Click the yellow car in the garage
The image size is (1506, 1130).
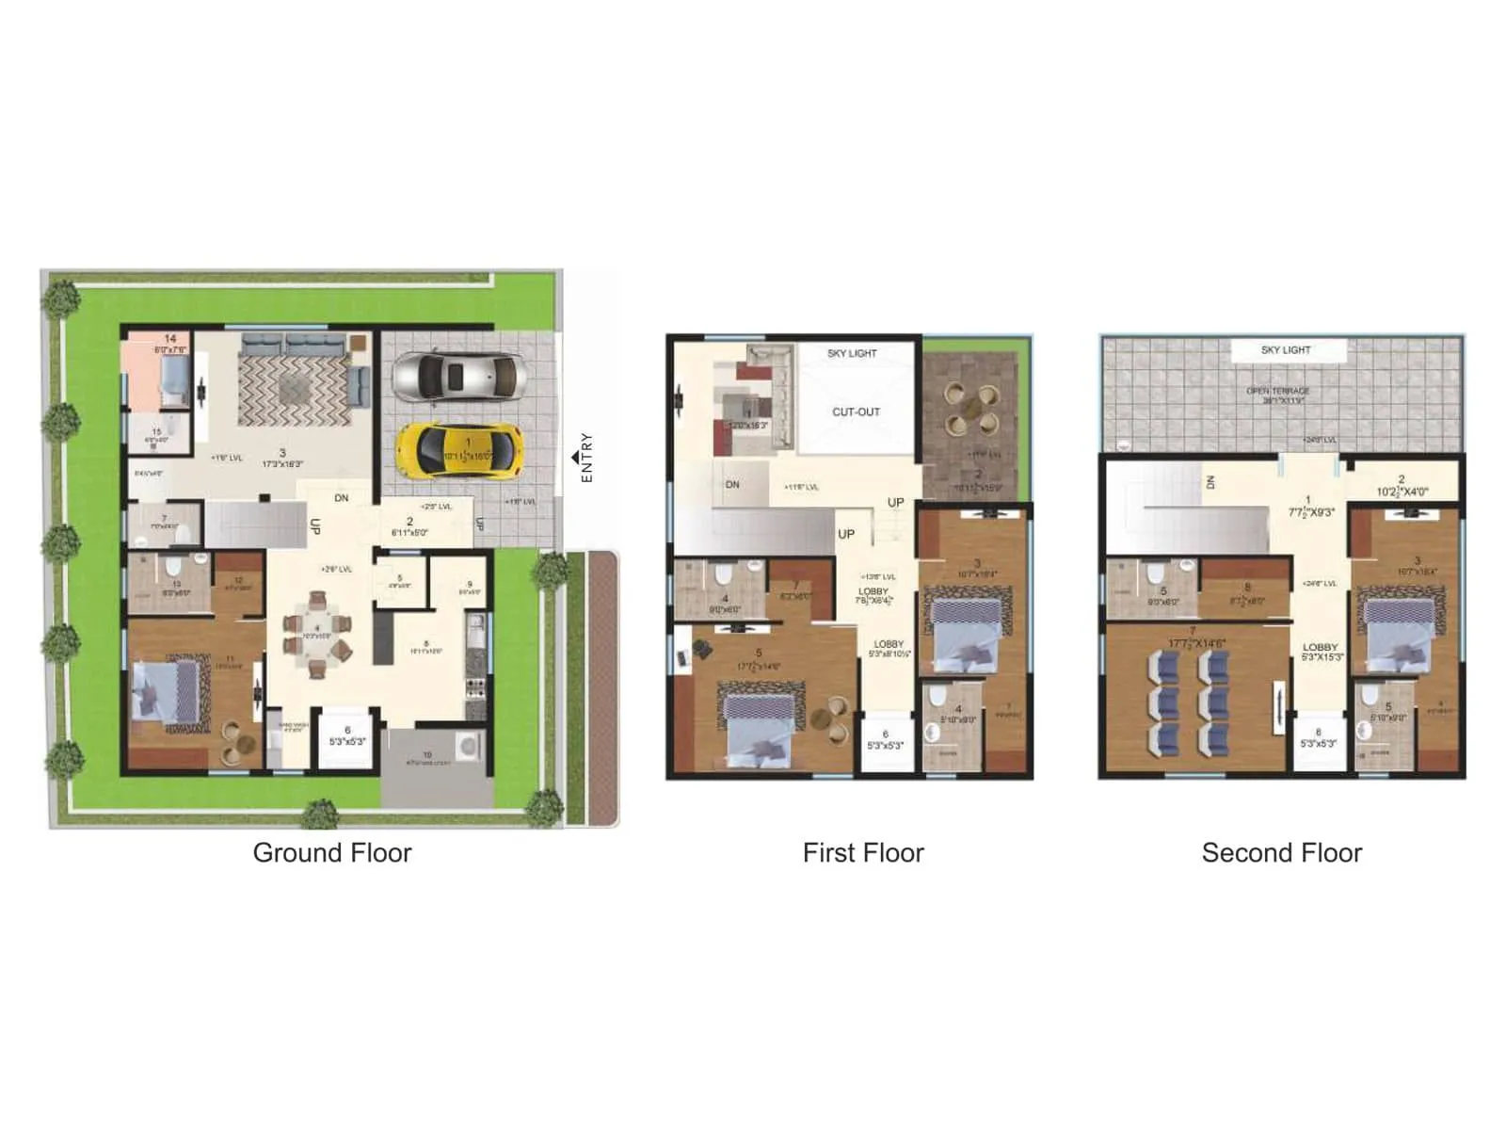coord(458,450)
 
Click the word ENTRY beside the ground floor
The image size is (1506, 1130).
coord(587,458)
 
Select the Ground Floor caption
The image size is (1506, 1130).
coord(332,853)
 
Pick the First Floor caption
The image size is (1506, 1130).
coord(863,853)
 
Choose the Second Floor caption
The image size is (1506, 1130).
coord(1281,853)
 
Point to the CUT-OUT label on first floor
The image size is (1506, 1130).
coord(856,412)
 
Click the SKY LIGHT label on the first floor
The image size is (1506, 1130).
coord(852,354)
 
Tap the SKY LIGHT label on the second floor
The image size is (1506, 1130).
coord(1286,350)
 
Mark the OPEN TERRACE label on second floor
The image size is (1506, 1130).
coord(1277,391)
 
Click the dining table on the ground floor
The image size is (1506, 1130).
coord(317,629)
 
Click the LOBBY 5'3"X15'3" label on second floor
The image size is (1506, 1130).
coord(1320,652)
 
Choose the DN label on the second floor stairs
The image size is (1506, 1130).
coord(1210,482)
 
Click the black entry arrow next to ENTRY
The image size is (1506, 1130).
coord(575,458)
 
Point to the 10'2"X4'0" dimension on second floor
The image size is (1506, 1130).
coord(1402,492)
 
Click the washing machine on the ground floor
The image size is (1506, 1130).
coord(467,746)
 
